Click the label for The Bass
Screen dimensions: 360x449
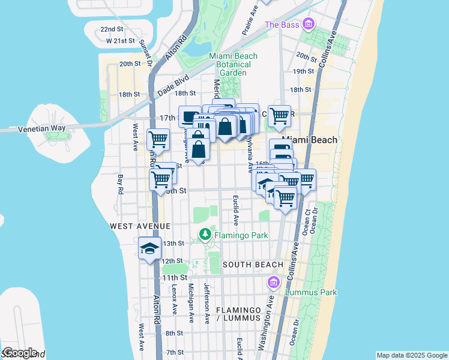(x=282, y=25)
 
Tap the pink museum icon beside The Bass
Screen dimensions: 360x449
(x=309, y=24)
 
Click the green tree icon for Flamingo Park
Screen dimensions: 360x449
(x=205, y=234)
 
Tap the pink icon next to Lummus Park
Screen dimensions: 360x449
(x=274, y=282)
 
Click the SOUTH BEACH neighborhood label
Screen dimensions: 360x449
(x=253, y=265)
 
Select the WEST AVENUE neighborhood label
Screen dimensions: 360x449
(x=140, y=226)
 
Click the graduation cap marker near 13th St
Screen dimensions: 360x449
(x=149, y=248)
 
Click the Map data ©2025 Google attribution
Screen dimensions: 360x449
(x=412, y=355)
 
